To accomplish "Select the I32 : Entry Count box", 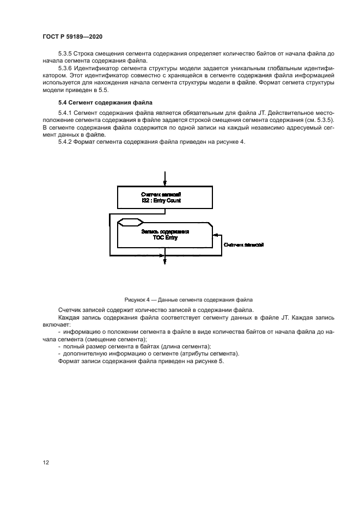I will pos(164,197).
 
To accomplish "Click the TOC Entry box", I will pos(163,235).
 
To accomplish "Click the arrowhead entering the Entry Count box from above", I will pos(164,183).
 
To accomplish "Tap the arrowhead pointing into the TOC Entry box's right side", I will pos(216,235).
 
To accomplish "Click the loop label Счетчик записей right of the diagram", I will pos(244,245).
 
